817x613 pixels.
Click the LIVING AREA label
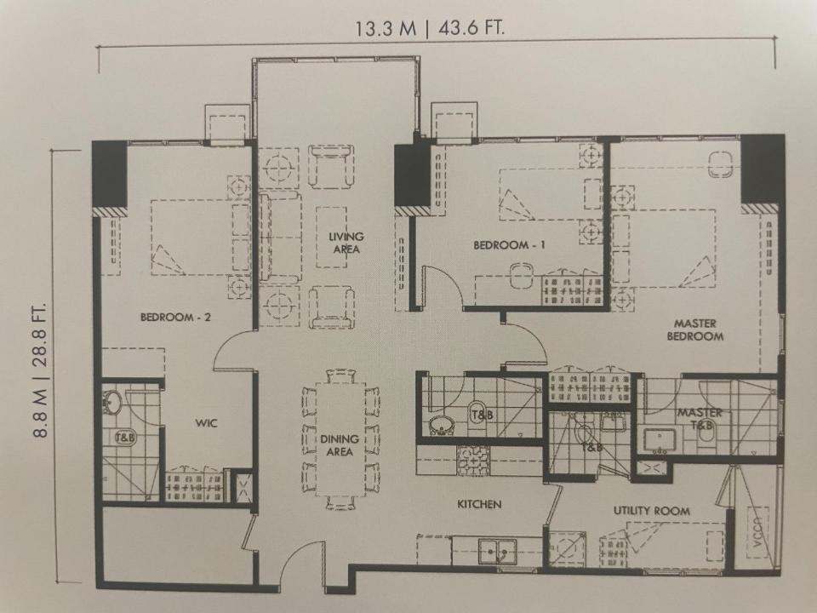pyautogui.click(x=346, y=243)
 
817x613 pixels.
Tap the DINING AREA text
pyautogui.click(x=340, y=445)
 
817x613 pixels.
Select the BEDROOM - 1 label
pyautogui.click(x=509, y=245)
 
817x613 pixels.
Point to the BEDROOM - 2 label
pyautogui.click(x=175, y=317)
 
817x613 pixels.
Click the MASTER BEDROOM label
pyautogui.click(x=695, y=330)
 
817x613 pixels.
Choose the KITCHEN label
pyautogui.click(x=479, y=504)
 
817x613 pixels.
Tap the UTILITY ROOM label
pyautogui.click(x=652, y=511)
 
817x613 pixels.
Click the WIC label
pyautogui.click(x=206, y=423)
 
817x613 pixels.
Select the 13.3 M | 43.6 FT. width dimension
pyautogui.click(x=431, y=27)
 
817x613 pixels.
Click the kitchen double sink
pyautogui.click(x=498, y=551)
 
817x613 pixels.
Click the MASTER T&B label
pyautogui.click(x=700, y=419)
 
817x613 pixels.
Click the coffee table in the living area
pyautogui.click(x=331, y=238)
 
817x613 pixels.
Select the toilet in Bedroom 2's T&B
pyautogui.click(x=125, y=437)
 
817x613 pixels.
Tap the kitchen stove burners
pyautogui.click(x=473, y=461)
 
